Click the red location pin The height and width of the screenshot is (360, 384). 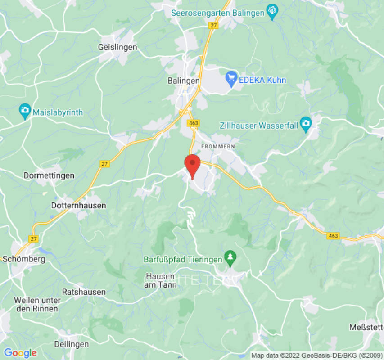[193, 165]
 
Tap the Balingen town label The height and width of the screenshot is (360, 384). [183, 81]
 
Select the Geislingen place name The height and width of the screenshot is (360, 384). [117, 47]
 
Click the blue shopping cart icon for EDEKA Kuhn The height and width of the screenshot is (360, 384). [231, 79]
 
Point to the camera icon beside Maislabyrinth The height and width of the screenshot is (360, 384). [25, 112]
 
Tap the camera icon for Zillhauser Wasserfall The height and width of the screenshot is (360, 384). [306, 125]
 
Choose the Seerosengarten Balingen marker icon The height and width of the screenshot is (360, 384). [272, 12]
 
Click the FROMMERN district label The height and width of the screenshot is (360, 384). [218, 147]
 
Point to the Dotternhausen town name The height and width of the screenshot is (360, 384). [78, 206]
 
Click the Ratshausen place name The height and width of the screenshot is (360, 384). [84, 292]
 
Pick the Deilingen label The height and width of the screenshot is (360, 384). [71, 344]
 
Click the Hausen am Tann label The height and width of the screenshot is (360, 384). [160, 280]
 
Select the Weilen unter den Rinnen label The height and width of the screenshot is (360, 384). [37, 304]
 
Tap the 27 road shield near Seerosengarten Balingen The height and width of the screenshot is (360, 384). [213, 25]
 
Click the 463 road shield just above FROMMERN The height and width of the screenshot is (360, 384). [194, 123]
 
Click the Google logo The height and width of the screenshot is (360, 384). [20, 353]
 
